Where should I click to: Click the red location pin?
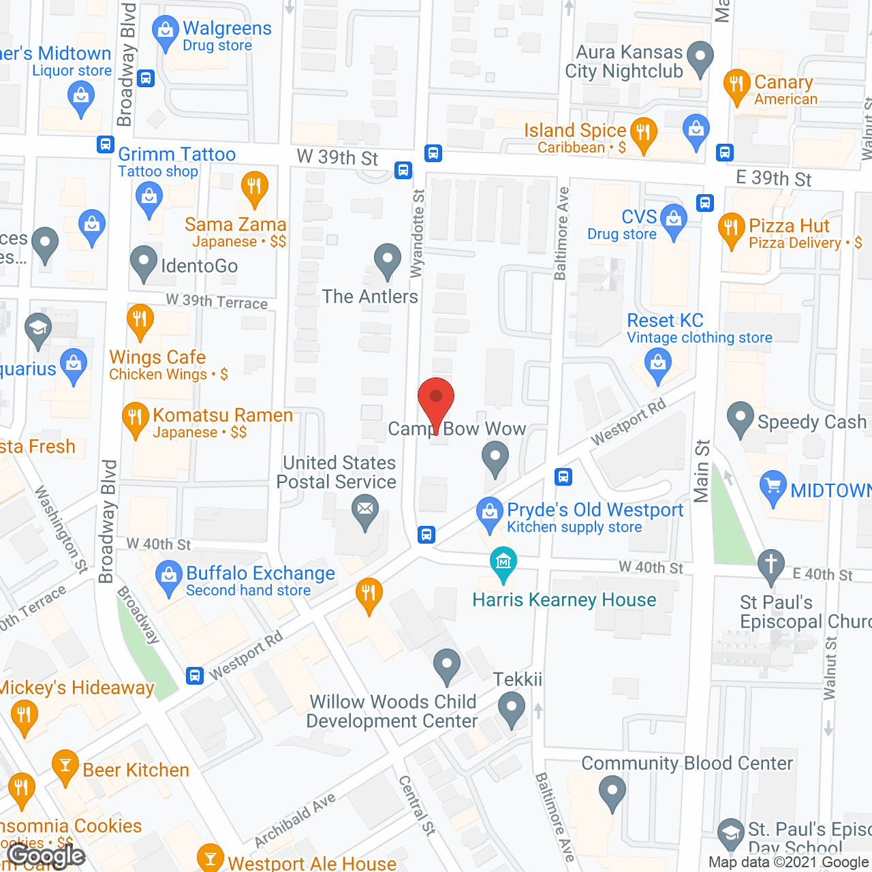[435, 399]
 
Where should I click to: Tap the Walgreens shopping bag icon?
[165, 32]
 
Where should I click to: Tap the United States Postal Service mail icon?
[365, 510]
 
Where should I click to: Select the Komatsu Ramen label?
[223, 415]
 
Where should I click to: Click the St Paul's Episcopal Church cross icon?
[771, 565]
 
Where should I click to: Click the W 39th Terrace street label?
[217, 301]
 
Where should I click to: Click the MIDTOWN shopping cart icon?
[773, 486]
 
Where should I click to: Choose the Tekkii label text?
[518, 679]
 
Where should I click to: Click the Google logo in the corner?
[46, 856]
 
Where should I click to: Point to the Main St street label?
[702, 471]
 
